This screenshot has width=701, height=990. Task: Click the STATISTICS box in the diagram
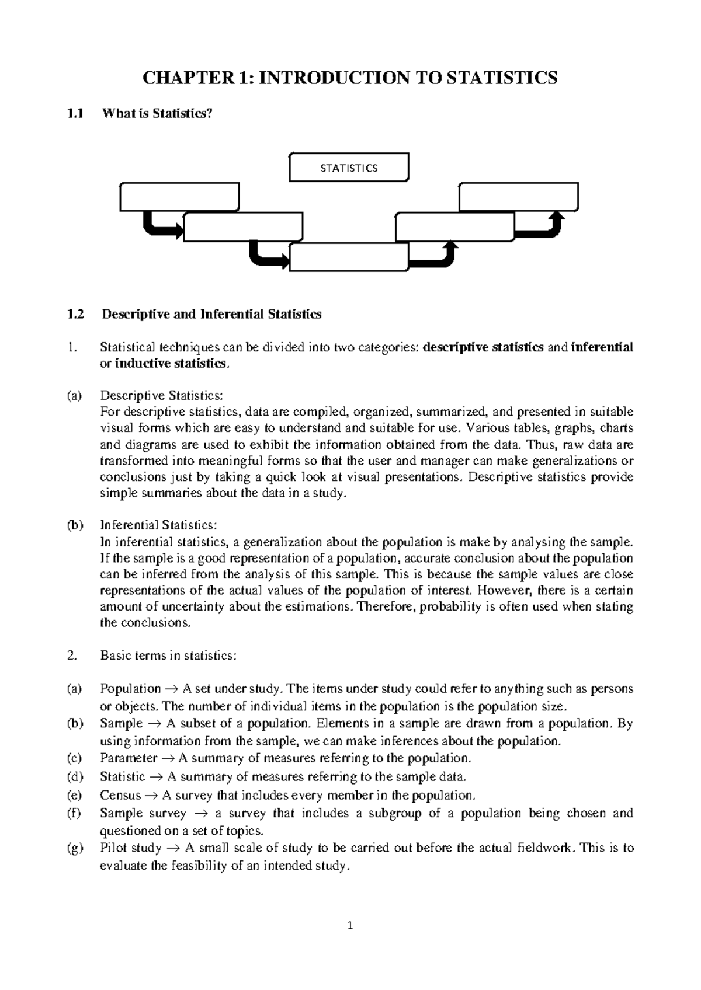(349, 168)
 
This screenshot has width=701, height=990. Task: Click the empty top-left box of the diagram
(179, 197)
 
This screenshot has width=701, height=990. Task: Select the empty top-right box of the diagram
(519, 197)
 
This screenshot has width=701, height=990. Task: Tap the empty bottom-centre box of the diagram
(349, 257)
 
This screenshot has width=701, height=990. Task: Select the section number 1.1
(75, 114)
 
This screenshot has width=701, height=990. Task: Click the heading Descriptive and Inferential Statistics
(211, 314)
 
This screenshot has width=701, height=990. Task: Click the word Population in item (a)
(130, 689)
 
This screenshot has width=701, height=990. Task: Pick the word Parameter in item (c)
(129, 758)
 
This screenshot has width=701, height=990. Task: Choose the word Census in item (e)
(120, 795)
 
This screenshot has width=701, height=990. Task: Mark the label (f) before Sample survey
(74, 813)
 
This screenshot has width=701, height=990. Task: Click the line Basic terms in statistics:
(168, 656)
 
